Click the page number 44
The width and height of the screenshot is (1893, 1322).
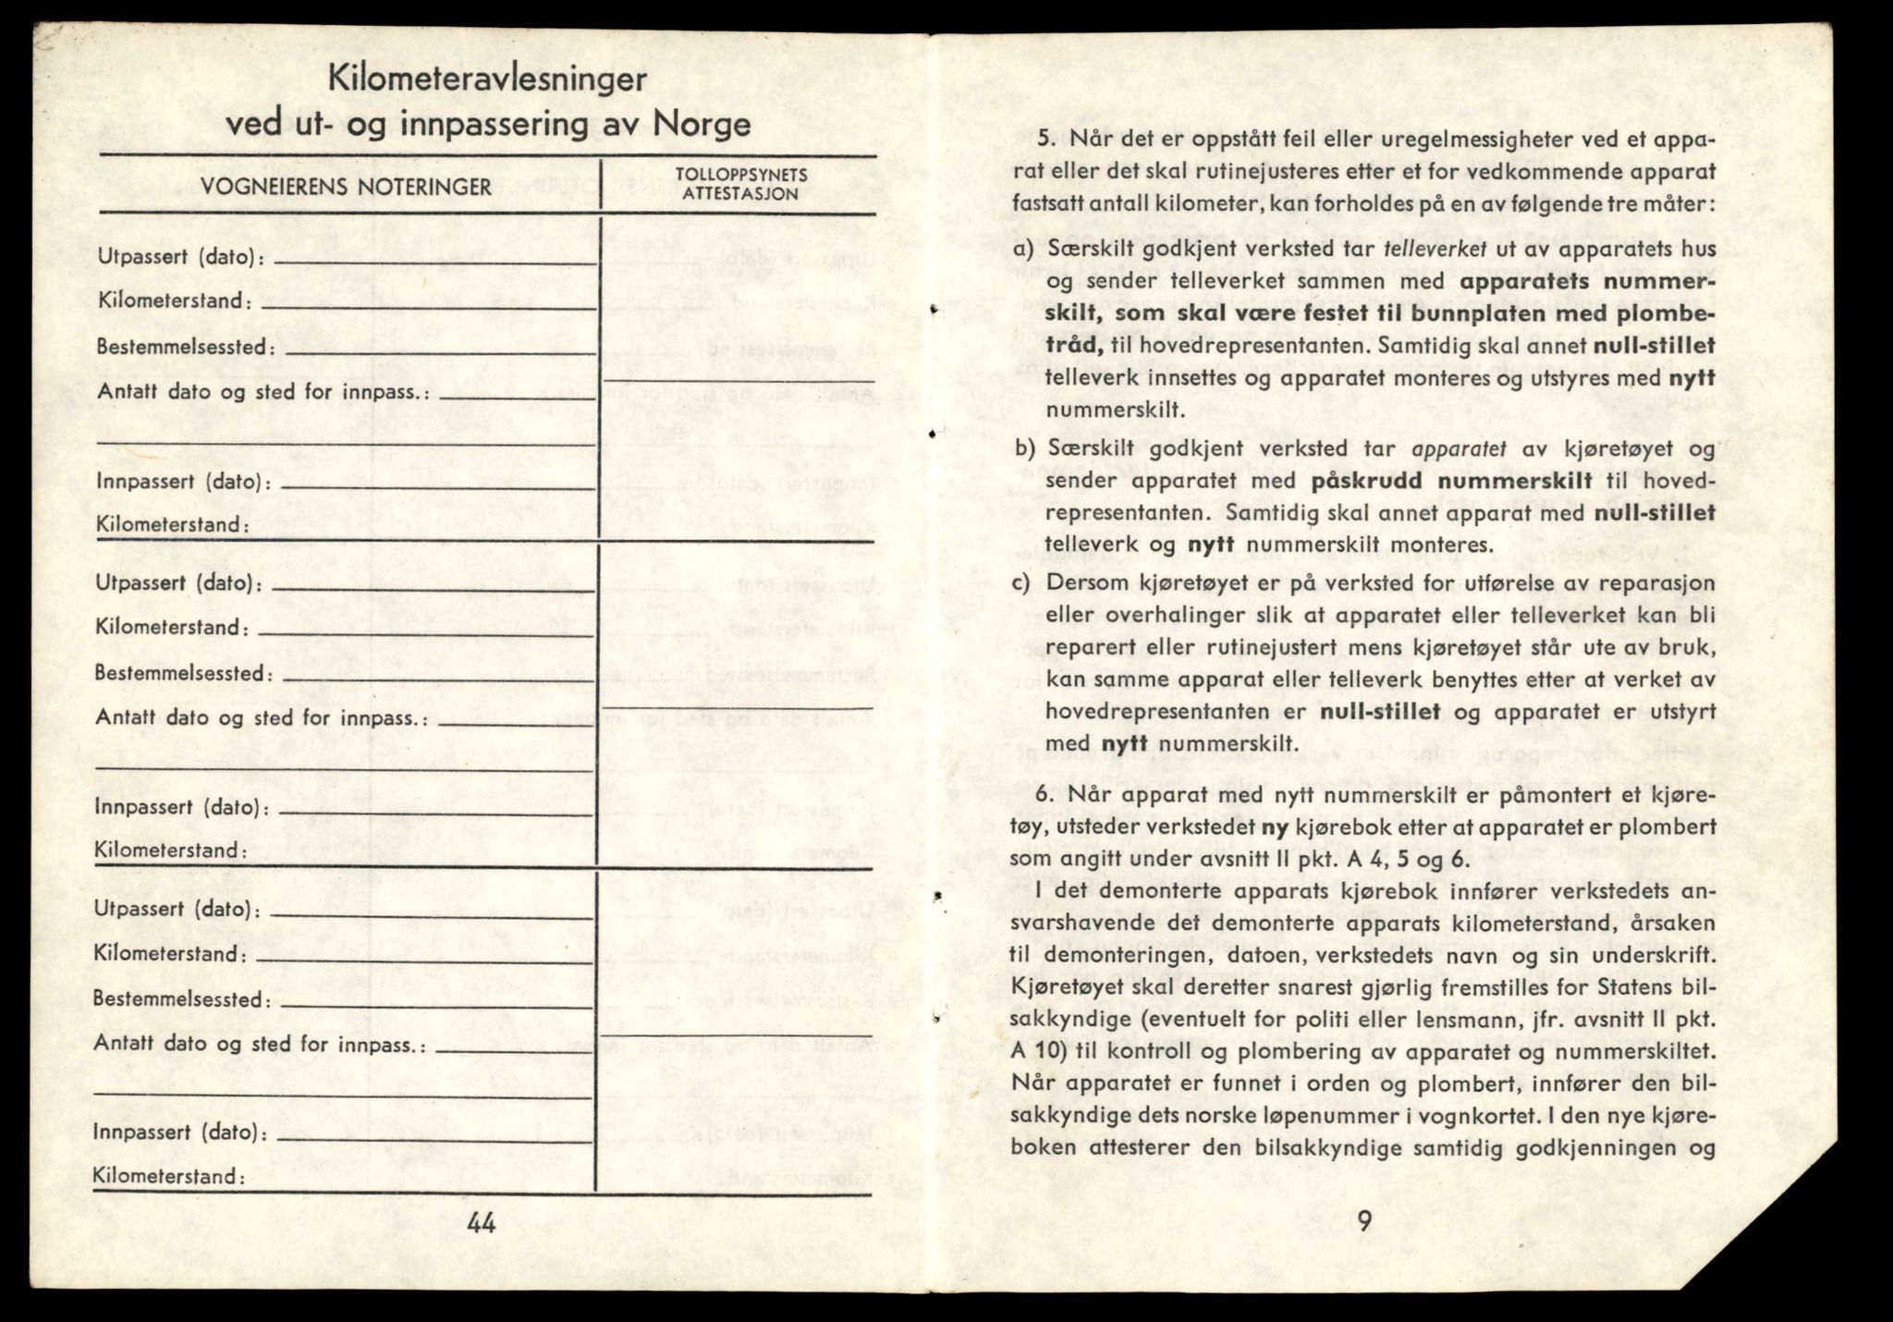482,1224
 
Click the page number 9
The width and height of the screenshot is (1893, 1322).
1364,1222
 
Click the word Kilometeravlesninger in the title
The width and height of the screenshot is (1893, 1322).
487,80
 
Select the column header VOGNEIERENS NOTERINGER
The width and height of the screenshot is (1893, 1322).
346,187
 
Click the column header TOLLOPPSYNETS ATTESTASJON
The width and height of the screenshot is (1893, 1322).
741,185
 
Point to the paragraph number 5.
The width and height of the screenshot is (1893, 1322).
1044,141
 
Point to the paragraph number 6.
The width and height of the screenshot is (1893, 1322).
1043,795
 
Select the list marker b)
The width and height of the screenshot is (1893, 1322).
1023,449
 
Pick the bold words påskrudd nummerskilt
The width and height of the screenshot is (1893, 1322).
1451,481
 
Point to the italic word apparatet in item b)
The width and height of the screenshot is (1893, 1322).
1459,449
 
